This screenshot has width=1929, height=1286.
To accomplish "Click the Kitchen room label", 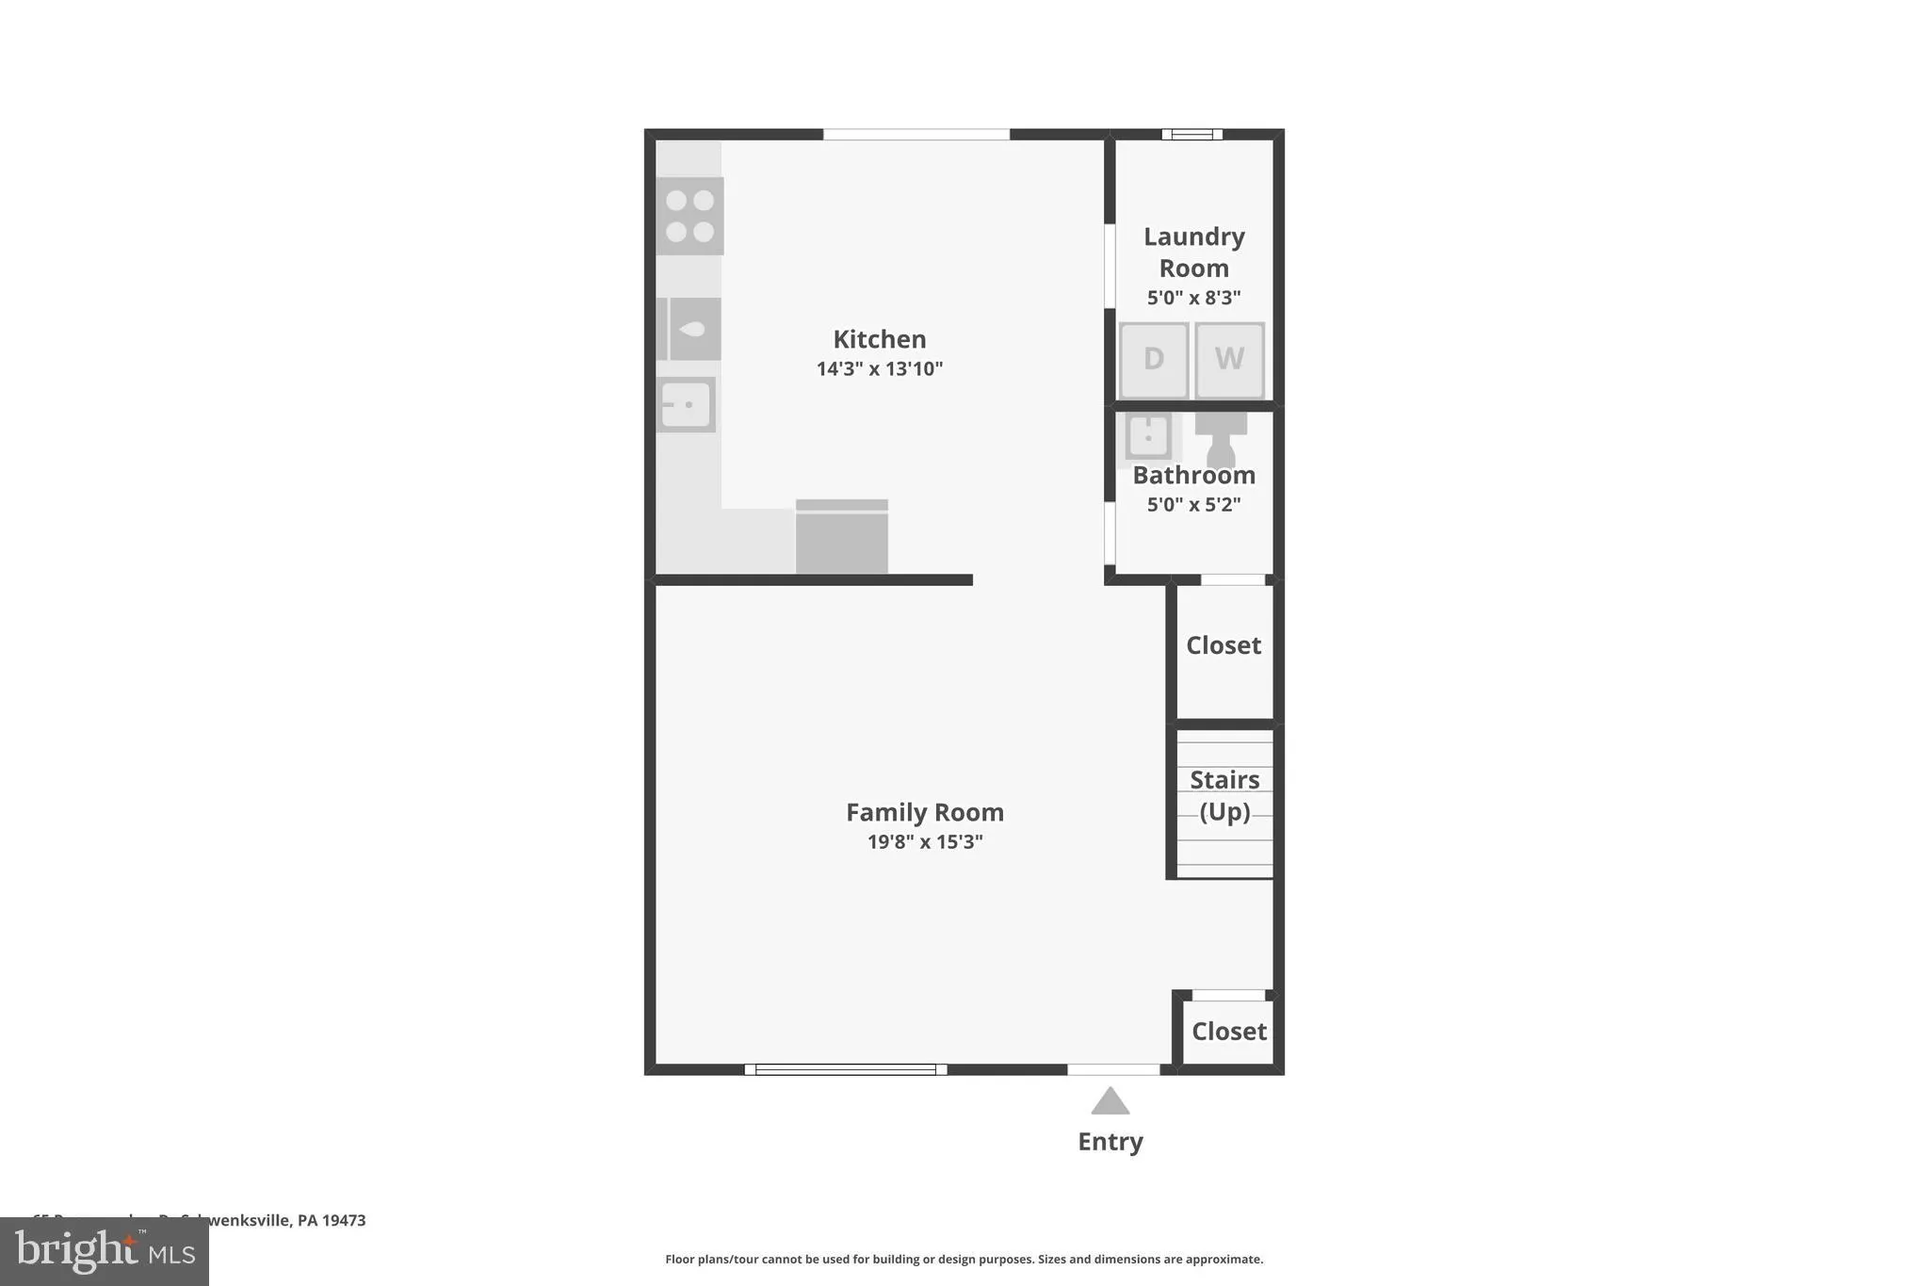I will pos(879,339).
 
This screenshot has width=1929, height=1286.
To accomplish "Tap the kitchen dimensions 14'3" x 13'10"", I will pos(879,368).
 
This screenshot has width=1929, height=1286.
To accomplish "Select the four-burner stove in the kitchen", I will pos(689,216).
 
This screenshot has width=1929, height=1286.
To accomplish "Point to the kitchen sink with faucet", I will pos(693,329).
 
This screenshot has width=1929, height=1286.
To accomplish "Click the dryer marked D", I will pos(1153,359).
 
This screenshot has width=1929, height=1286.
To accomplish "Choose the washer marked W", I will pos(1229,359).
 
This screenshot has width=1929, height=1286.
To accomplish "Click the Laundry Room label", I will pos(1193,252).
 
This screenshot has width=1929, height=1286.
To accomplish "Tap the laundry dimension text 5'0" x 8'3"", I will pos(1193,298).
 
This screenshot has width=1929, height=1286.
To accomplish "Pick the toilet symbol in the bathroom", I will pos(1221,438).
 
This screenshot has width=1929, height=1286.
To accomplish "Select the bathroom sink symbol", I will pos(1148,436).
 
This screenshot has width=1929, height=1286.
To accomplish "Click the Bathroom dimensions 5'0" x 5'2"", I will pos(1193,504).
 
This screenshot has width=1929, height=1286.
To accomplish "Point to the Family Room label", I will pos(924,812).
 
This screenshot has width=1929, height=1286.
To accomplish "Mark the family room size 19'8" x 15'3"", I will pos(924,841).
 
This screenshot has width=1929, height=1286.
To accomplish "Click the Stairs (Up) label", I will pos(1224,795).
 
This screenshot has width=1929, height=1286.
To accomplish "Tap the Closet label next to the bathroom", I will pos(1223,645).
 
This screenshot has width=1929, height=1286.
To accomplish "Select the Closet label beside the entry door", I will pos(1228,1032).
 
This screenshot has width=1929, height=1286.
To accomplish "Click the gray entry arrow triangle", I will pos(1110,1102).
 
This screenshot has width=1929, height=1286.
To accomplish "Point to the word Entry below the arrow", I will pos(1110,1142).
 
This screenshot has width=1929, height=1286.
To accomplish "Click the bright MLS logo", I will pos(105,1251).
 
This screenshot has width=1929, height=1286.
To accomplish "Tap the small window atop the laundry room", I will pos(1191,135).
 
